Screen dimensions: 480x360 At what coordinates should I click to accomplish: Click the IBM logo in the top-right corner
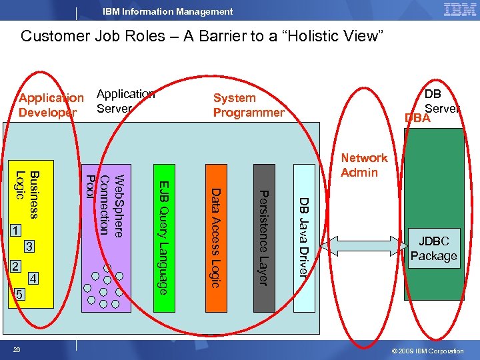(459, 9)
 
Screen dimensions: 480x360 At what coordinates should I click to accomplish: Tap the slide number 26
(17, 351)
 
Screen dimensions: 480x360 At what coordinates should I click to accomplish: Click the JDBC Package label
(433, 249)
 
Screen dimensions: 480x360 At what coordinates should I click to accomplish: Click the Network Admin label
(363, 165)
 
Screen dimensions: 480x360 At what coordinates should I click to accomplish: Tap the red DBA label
(417, 118)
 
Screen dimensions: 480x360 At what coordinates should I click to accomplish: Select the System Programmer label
(248, 105)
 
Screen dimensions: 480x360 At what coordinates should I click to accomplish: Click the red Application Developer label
(51, 105)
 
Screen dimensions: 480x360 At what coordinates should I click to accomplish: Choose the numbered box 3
(29, 247)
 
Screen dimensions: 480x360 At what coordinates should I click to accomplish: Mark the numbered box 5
(19, 294)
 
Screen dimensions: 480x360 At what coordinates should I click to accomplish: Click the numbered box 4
(34, 278)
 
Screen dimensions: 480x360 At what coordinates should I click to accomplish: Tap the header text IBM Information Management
(167, 11)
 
